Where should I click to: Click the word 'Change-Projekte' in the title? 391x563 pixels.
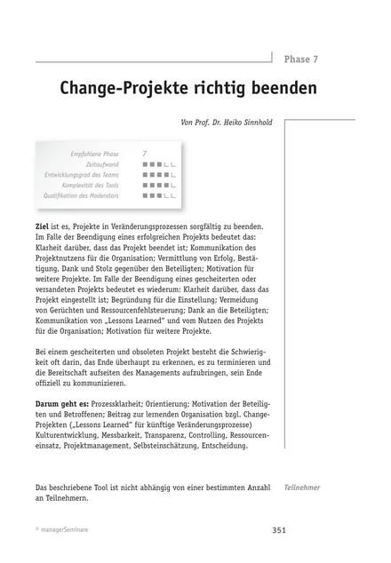click(x=124, y=90)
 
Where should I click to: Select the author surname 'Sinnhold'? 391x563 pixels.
click(x=249, y=123)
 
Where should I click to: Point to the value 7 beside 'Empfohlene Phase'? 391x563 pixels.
click(x=145, y=154)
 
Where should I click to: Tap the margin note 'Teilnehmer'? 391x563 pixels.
click(x=302, y=488)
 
